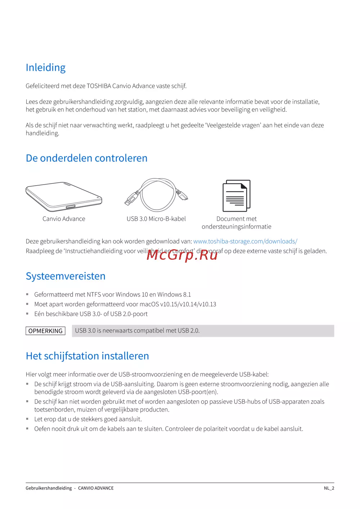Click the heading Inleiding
click(x=46, y=68)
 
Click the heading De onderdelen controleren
click(x=86, y=158)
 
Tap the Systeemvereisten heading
click(x=66, y=276)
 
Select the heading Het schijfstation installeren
click(x=87, y=356)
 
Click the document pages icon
click(x=236, y=196)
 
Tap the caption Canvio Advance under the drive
click(x=64, y=219)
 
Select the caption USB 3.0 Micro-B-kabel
click(x=156, y=219)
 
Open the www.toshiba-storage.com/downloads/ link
click(x=245, y=241)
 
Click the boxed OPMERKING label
click(x=45, y=331)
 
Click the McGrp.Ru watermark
click(x=182, y=255)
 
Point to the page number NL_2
click(x=329, y=488)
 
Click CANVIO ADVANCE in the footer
click(x=96, y=488)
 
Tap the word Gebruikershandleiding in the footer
click(x=49, y=488)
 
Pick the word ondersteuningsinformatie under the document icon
click(x=237, y=227)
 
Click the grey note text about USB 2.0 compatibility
click(x=137, y=331)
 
